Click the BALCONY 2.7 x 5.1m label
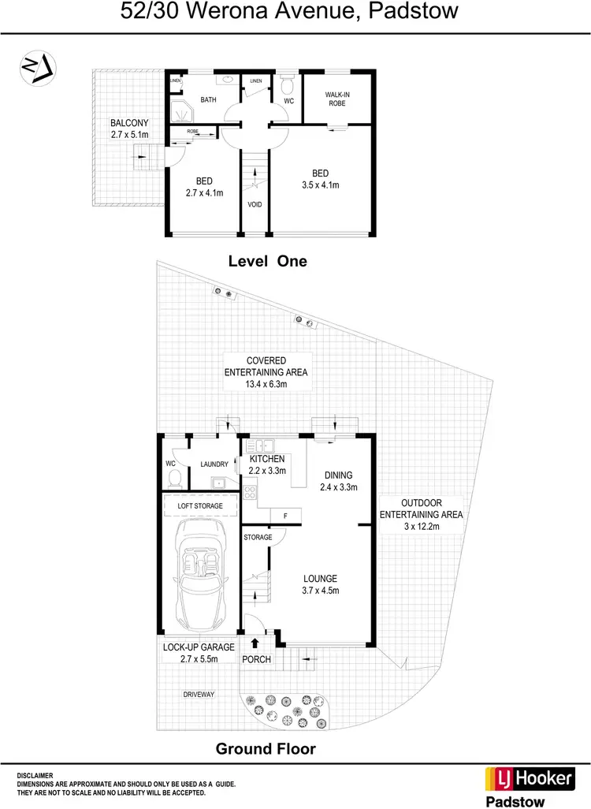pyautogui.click(x=128, y=129)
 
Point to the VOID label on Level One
pyautogui.click(x=254, y=204)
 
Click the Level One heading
pyautogui.click(x=267, y=261)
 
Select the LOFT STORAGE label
pyautogui.click(x=200, y=505)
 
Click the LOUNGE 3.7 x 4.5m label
pyautogui.click(x=319, y=583)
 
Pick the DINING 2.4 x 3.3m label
pyautogui.click(x=337, y=481)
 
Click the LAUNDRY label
pyautogui.click(x=214, y=464)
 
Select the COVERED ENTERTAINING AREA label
pyautogui.click(x=266, y=372)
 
